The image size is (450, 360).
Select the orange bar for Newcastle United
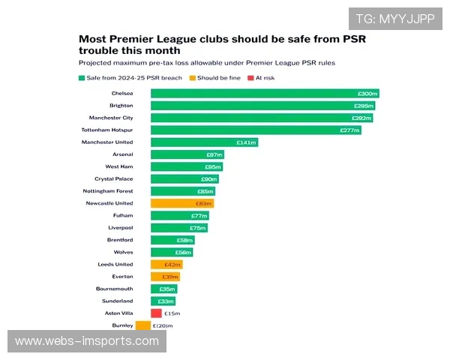click(x=182, y=203)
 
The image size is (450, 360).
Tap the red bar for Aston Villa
click(x=156, y=313)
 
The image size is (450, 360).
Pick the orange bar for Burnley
click(x=143, y=325)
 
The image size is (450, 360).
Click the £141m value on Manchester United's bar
click(x=247, y=142)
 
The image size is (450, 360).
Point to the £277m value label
click(x=349, y=130)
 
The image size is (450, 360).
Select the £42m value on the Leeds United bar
click(x=172, y=264)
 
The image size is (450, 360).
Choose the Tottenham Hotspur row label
click(x=106, y=130)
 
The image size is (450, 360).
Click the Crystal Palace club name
click(x=113, y=178)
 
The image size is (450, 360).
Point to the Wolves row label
click(x=123, y=252)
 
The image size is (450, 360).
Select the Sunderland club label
click(x=117, y=301)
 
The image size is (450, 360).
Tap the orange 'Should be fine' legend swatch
click(x=193, y=77)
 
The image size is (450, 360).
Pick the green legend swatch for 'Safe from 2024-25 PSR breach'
click(x=82, y=77)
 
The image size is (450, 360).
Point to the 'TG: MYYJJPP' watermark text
click(x=395, y=19)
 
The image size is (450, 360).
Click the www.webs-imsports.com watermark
click(x=87, y=341)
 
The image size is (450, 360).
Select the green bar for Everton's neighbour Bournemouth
click(x=164, y=289)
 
